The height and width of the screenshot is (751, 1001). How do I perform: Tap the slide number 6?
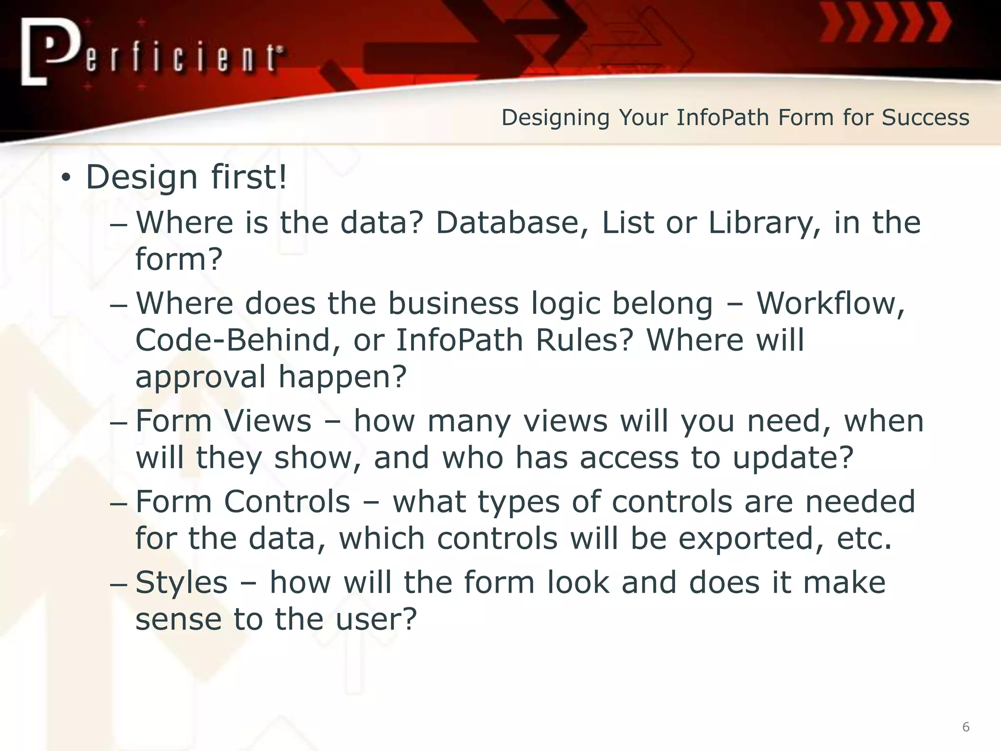pyautogui.click(x=966, y=727)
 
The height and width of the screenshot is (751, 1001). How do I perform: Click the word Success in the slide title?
pyautogui.click(x=925, y=118)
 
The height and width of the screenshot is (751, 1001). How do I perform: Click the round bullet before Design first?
pyautogui.click(x=66, y=179)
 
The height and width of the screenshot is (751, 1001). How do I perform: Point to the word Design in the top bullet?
pyautogui.click(x=142, y=178)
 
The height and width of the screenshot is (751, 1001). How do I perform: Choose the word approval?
pyautogui.click(x=201, y=377)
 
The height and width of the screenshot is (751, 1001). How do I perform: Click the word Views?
pyautogui.click(x=267, y=421)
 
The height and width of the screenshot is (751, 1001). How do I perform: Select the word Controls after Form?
pyautogui.click(x=287, y=502)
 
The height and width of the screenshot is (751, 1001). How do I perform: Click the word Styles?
pyautogui.click(x=181, y=583)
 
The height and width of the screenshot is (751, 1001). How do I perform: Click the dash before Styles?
pyautogui.click(x=118, y=584)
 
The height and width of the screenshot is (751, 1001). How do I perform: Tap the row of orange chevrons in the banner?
pyautogui.click(x=885, y=23)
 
